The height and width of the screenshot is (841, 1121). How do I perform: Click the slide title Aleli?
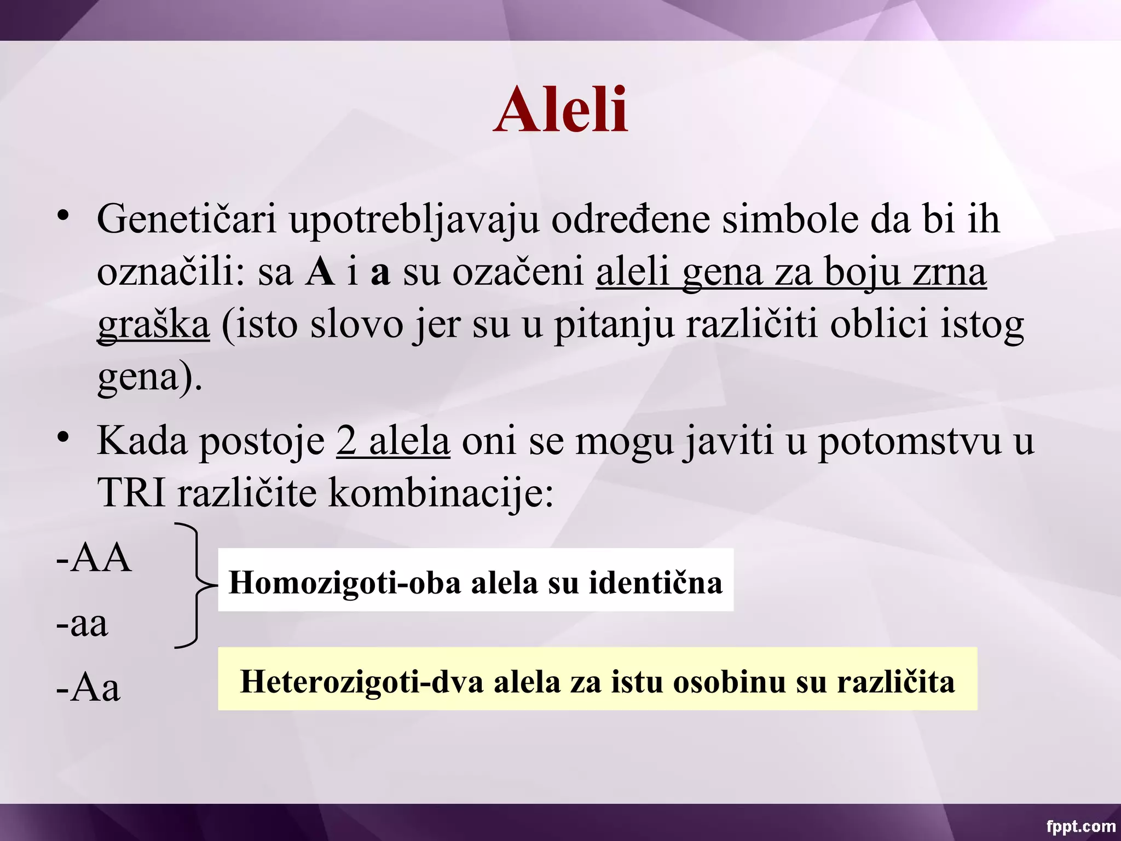pyautogui.click(x=560, y=111)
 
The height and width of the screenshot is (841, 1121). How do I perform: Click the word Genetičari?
pyautogui.click(x=186, y=219)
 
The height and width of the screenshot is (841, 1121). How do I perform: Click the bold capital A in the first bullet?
pyautogui.click(x=320, y=272)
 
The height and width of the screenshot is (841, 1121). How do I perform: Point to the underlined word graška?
pyautogui.click(x=153, y=325)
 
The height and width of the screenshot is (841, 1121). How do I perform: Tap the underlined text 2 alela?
pyautogui.click(x=393, y=441)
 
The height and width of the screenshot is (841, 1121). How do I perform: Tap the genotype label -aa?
pyautogui.click(x=82, y=624)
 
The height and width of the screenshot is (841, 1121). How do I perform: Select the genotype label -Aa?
pyautogui.click(x=88, y=688)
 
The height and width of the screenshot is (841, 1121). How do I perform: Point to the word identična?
pyautogui.click(x=655, y=583)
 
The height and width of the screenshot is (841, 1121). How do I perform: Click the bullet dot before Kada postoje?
pyautogui.click(x=63, y=437)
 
